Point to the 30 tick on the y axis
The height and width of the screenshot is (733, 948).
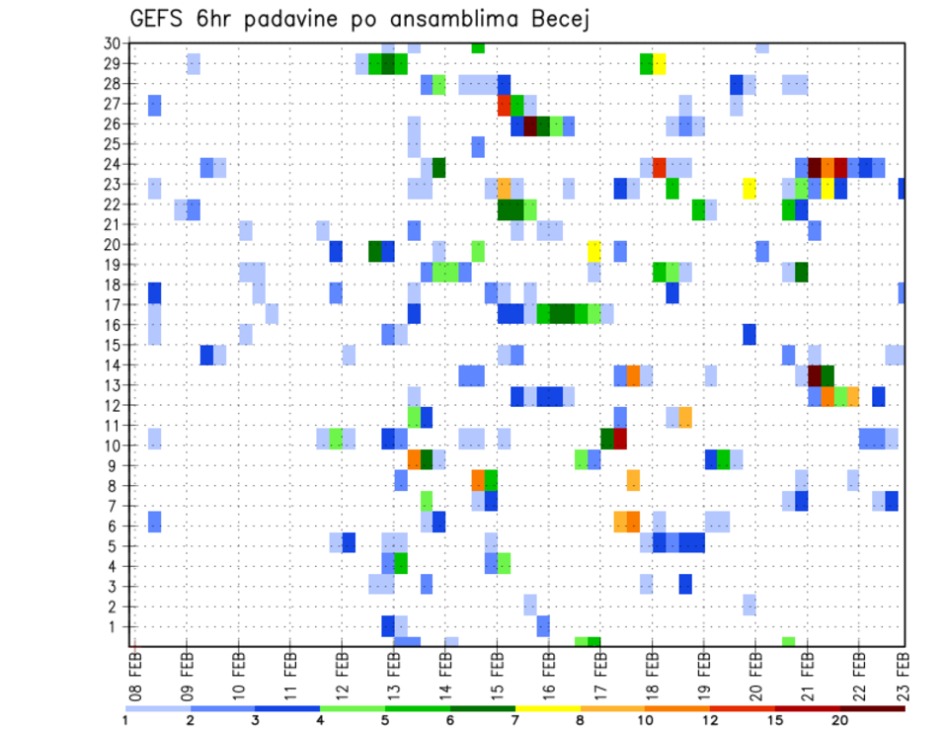(x=112, y=43)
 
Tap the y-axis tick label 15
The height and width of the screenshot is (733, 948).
(x=112, y=345)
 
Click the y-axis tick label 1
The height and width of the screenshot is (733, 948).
(x=116, y=626)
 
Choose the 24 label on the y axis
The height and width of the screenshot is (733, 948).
(x=112, y=164)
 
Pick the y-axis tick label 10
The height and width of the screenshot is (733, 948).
(x=112, y=446)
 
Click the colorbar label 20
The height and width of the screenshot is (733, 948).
(x=840, y=720)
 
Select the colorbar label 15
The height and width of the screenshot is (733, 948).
(x=775, y=720)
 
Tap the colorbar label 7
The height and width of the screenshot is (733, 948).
(x=515, y=720)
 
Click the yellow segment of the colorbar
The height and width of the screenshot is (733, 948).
(x=548, y=708)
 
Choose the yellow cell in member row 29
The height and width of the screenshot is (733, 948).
(x=660, y=64)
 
